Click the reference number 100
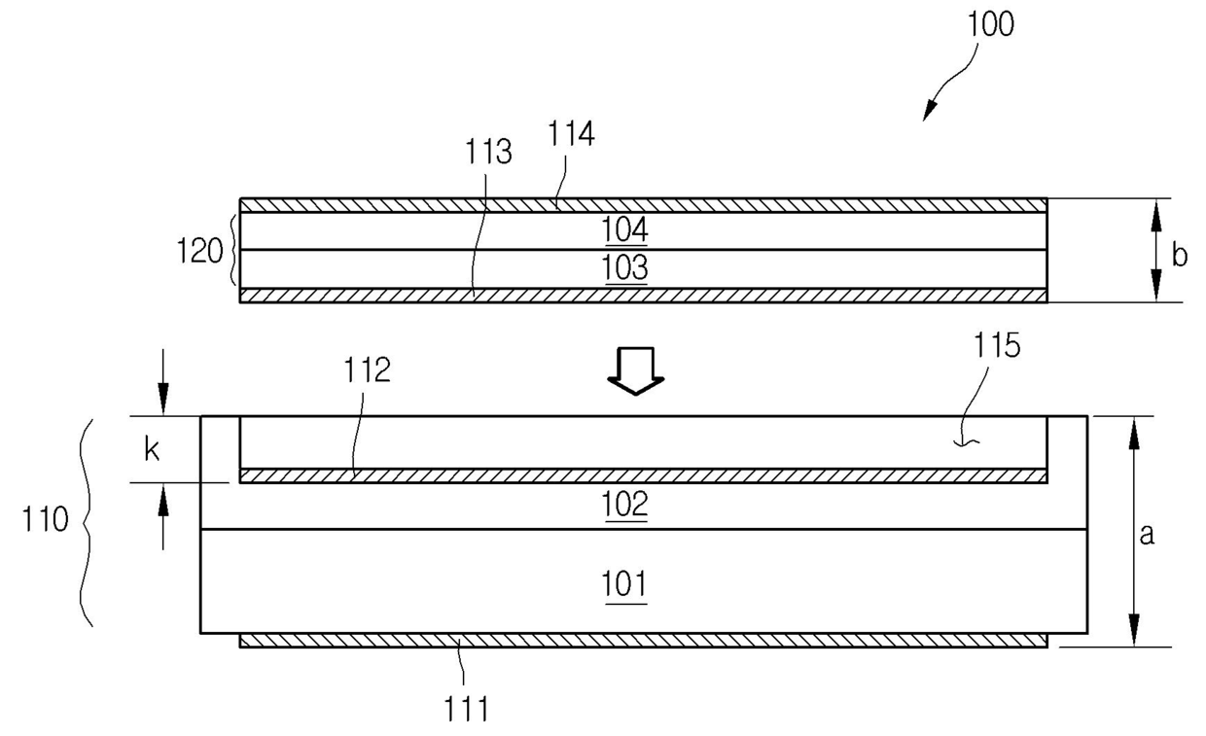point(991,24)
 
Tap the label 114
point(571,134)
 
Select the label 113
point(488,152)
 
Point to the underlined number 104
point(624,229)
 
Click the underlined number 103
point(624,267)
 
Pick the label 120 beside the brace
point(199,251)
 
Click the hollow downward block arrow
point(636,371)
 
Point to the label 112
point(368,369)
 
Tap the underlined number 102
point(624,505)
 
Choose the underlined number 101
point(624,584)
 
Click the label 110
point(45,519)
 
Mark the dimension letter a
point(1147,534)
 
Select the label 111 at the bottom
point(466,709)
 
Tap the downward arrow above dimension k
point(163,382)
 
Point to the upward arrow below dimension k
point(163,516)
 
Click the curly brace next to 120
point(233,250)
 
